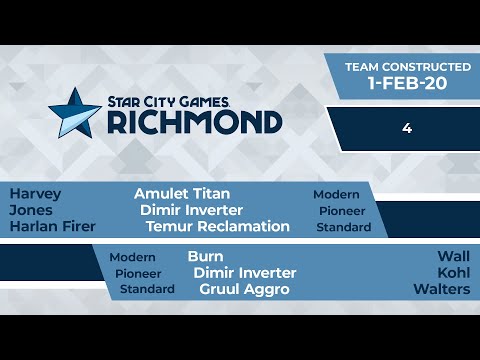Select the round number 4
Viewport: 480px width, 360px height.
pyautogui.click(x=408, y=128)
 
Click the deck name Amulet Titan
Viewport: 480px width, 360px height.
pyautogui.click(x=182, y=194)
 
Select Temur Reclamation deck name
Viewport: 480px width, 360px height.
pyautogui.click(x=217, y=226)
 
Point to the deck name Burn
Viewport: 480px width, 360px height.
pyautogui.click(x=205, y=256)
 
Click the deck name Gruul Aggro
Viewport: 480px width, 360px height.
pyautogui.click(x=245, y=289)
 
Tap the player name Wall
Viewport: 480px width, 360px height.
pyautogui.click(x=453, y=256)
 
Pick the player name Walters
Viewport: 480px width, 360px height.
pyautogui.click(x=441, y=289)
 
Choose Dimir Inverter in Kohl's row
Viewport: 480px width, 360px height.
pyautogui.click(x=244, y=272)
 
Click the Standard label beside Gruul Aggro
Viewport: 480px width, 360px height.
pyautogui.click(x=147, y=289)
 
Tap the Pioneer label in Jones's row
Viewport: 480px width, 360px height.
pyautogui.click(x=342, y=211)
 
